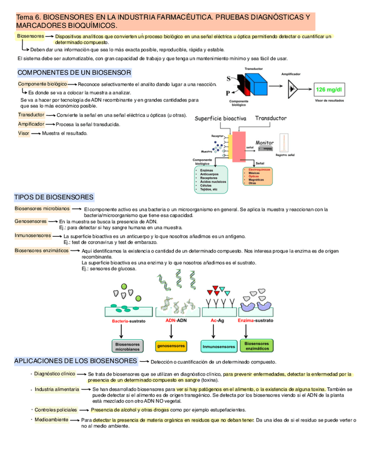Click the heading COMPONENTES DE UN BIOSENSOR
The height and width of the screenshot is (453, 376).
pos(74,73)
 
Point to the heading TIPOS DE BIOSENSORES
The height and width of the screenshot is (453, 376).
pos(53,197)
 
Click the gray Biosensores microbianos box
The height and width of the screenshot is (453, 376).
pos(127,347)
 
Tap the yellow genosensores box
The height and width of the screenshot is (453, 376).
pos(171,347)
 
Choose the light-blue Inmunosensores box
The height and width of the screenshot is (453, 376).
pos(218,347)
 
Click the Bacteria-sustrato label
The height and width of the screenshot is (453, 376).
pos(128,321)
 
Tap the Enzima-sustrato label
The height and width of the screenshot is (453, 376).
pos(255,321)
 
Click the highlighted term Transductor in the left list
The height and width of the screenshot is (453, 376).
pos(31,115)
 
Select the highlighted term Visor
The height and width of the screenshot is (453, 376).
pos(24,133)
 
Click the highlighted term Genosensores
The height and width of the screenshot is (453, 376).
pos(30,221)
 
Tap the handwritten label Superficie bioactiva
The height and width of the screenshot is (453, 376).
pos(220,118)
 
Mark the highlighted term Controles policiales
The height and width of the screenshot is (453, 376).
pos(56,410)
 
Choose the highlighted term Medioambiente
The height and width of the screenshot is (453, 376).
pos(51,420)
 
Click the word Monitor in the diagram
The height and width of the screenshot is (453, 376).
pos(265,143)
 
